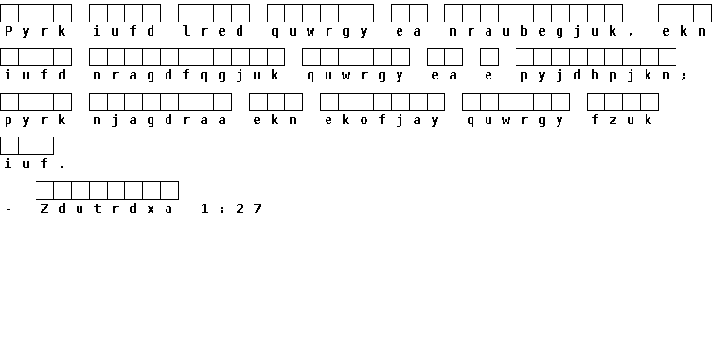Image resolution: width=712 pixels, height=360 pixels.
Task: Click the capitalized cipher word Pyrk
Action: [x=36, y=31]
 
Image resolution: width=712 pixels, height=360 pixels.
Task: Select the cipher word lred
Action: [x=213, y=31]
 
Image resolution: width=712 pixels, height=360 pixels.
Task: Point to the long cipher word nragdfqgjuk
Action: [x=186, y=76]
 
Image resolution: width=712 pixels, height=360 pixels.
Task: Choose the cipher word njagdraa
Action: [x=160, y=121]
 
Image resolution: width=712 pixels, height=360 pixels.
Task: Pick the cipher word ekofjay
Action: [x=383, y=121]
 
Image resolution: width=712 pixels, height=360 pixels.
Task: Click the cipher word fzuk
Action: [x=622, y=120]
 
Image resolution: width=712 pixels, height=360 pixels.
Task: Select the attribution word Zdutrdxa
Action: [x=107, y=209]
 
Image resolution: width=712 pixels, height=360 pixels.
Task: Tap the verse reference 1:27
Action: [x=232, y=209]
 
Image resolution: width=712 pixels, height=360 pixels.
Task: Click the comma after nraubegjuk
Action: [x=632, y=35]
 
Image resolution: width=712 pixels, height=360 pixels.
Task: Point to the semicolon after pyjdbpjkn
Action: [x=684, y=77]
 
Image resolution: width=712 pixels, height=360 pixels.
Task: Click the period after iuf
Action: [x=62, y=167]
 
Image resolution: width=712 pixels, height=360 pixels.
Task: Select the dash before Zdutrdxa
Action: [x=8, y=209]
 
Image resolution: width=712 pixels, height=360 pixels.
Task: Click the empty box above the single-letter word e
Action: [x=489, y=57]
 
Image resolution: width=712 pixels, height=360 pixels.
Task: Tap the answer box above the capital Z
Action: [x=45, y=191]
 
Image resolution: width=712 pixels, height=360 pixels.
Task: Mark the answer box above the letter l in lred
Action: [x=186, y=13]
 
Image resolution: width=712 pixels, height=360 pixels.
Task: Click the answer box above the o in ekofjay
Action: [x=365, y=102]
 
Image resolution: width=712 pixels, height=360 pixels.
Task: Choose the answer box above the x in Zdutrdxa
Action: [x=152, y=191]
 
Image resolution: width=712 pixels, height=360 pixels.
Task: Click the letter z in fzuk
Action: [x=614, y=121]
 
